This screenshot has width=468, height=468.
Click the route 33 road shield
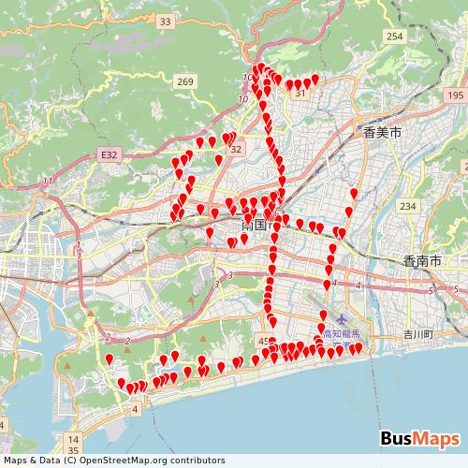tap(166, 21)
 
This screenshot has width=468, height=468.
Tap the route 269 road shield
tap(184, 82)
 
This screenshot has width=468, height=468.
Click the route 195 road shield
tap(455, 95)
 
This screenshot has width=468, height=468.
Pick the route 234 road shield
tap(406, 206)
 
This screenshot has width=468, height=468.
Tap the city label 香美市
tap(382, 135)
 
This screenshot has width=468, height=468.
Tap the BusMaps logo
tap(419, 438)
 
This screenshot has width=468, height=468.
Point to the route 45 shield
tap(264, 341)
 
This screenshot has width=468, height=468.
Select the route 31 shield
tap(300, 94)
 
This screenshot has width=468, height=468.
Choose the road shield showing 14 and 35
tap(74, 443)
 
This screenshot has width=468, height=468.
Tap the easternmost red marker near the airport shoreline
tap(358, 348)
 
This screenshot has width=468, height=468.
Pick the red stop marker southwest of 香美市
tap(353, 195)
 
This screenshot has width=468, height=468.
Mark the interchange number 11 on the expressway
tap(47, 180)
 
